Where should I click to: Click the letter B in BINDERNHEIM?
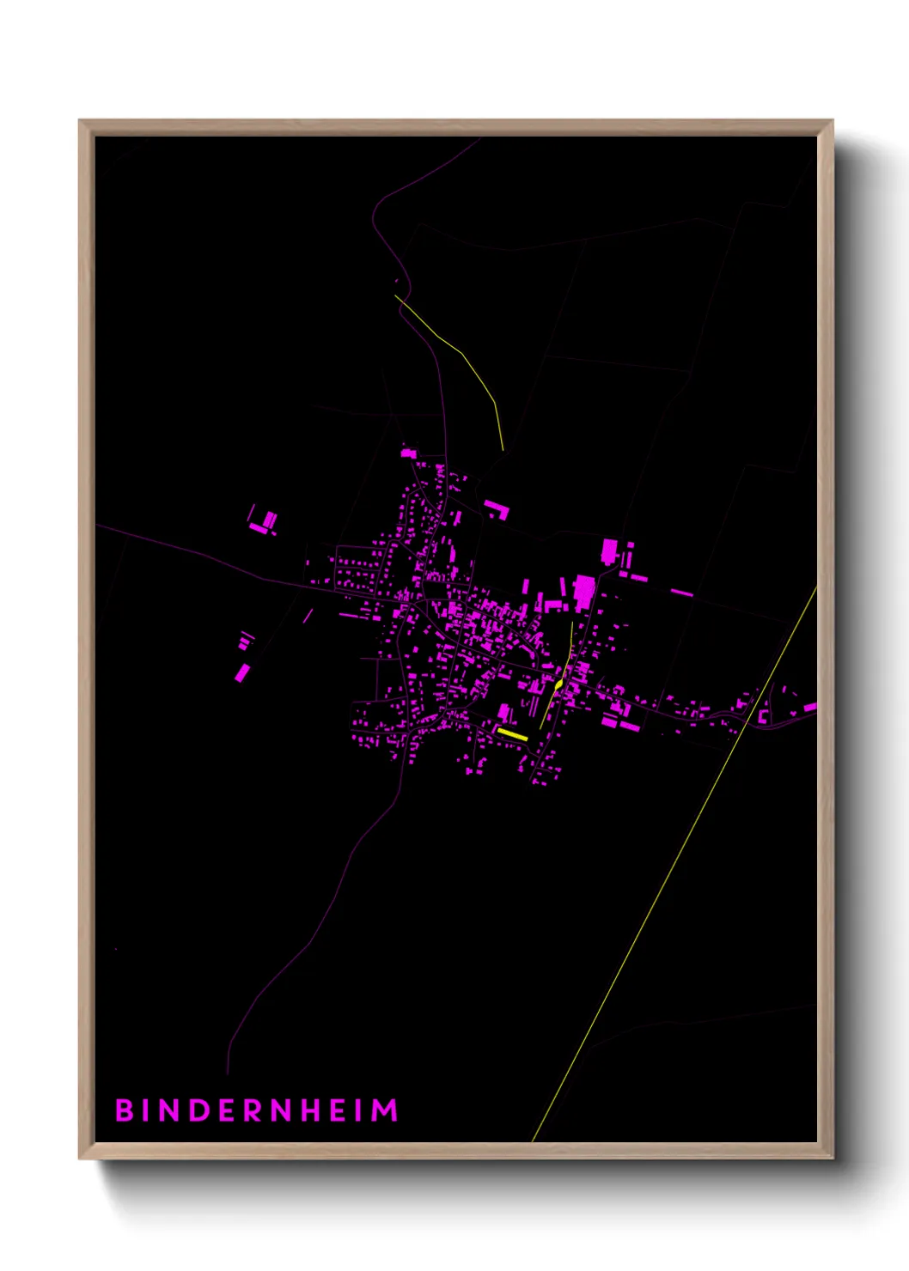tap(124, 1110)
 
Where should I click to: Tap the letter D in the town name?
tap(197, 1110)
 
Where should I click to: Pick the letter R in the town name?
tap(253, 1110)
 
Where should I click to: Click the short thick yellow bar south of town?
tap(512, 734)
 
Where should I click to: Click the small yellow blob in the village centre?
tap(559, 684)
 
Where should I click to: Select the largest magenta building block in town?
tap(584, 589)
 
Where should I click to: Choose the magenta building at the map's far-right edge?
tap(809, 708)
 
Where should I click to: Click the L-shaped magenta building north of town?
tap(497, 508)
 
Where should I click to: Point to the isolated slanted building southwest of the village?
tap(242, 672)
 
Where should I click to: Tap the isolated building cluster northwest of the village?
tap(263, 522)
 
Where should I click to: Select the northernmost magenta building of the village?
tap(408, 453)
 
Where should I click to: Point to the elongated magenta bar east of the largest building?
tap(681, 593)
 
